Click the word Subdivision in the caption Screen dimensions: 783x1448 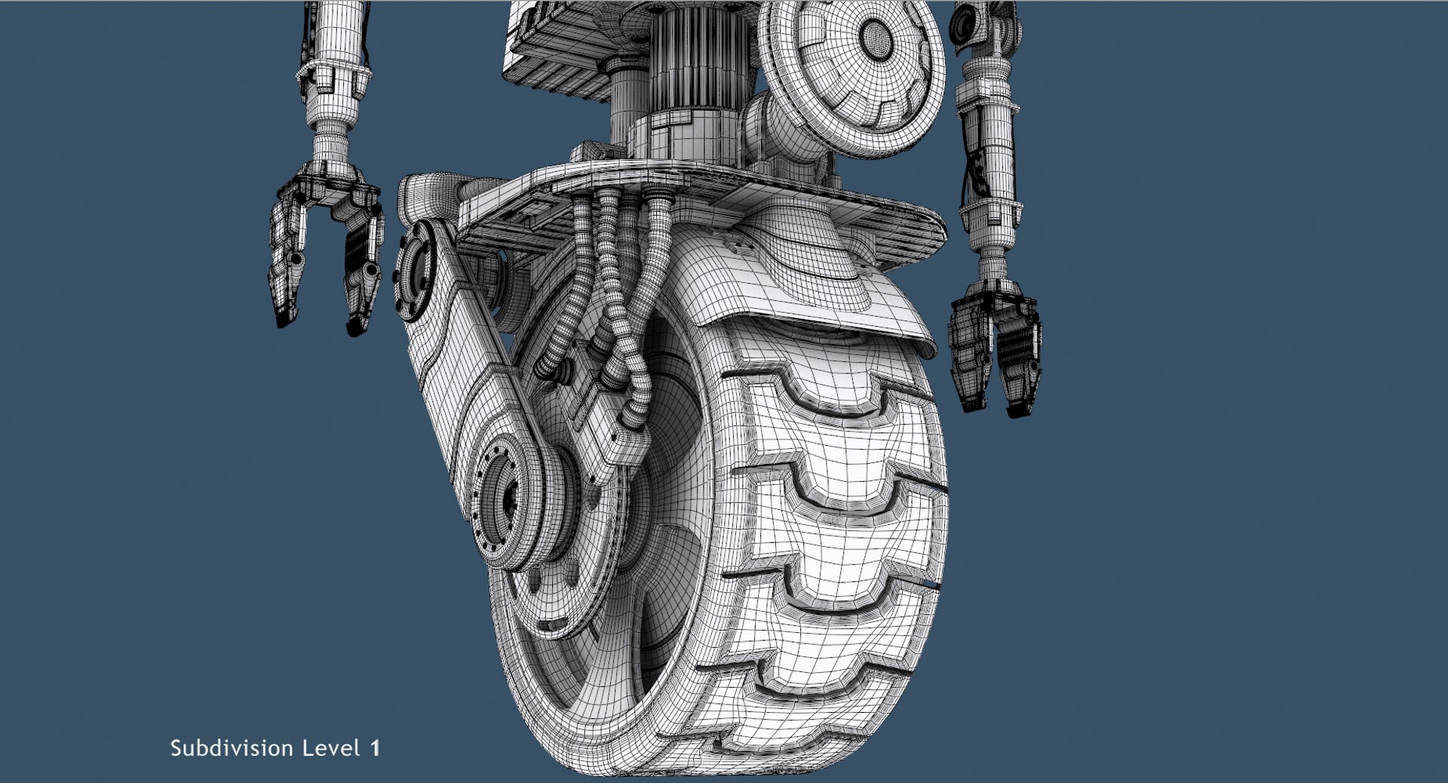point(231,748)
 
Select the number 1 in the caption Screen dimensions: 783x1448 point(375,748)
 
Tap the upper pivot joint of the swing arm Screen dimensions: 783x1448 point(415,264)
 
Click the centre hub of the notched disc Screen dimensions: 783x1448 point(875,34)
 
